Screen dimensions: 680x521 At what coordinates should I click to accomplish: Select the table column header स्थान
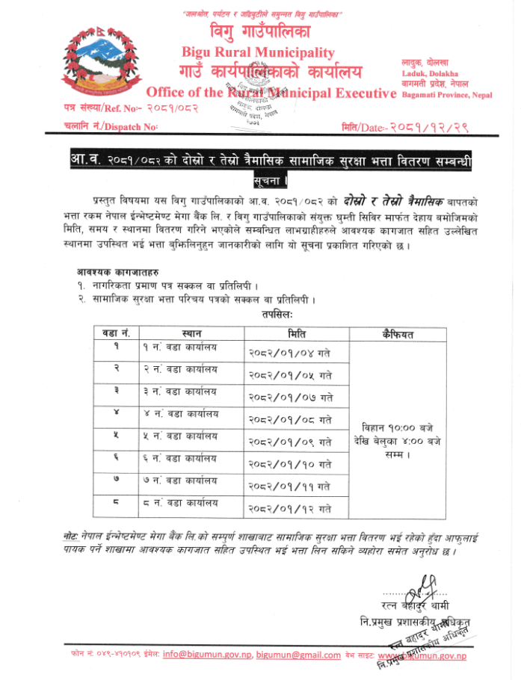pos(191,332)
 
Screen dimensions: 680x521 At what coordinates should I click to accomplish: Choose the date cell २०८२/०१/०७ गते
pos(290,397)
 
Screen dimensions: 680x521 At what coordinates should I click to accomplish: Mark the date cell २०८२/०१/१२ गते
pos(290,509)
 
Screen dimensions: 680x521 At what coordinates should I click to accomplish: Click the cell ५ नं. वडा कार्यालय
pos(180,436)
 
